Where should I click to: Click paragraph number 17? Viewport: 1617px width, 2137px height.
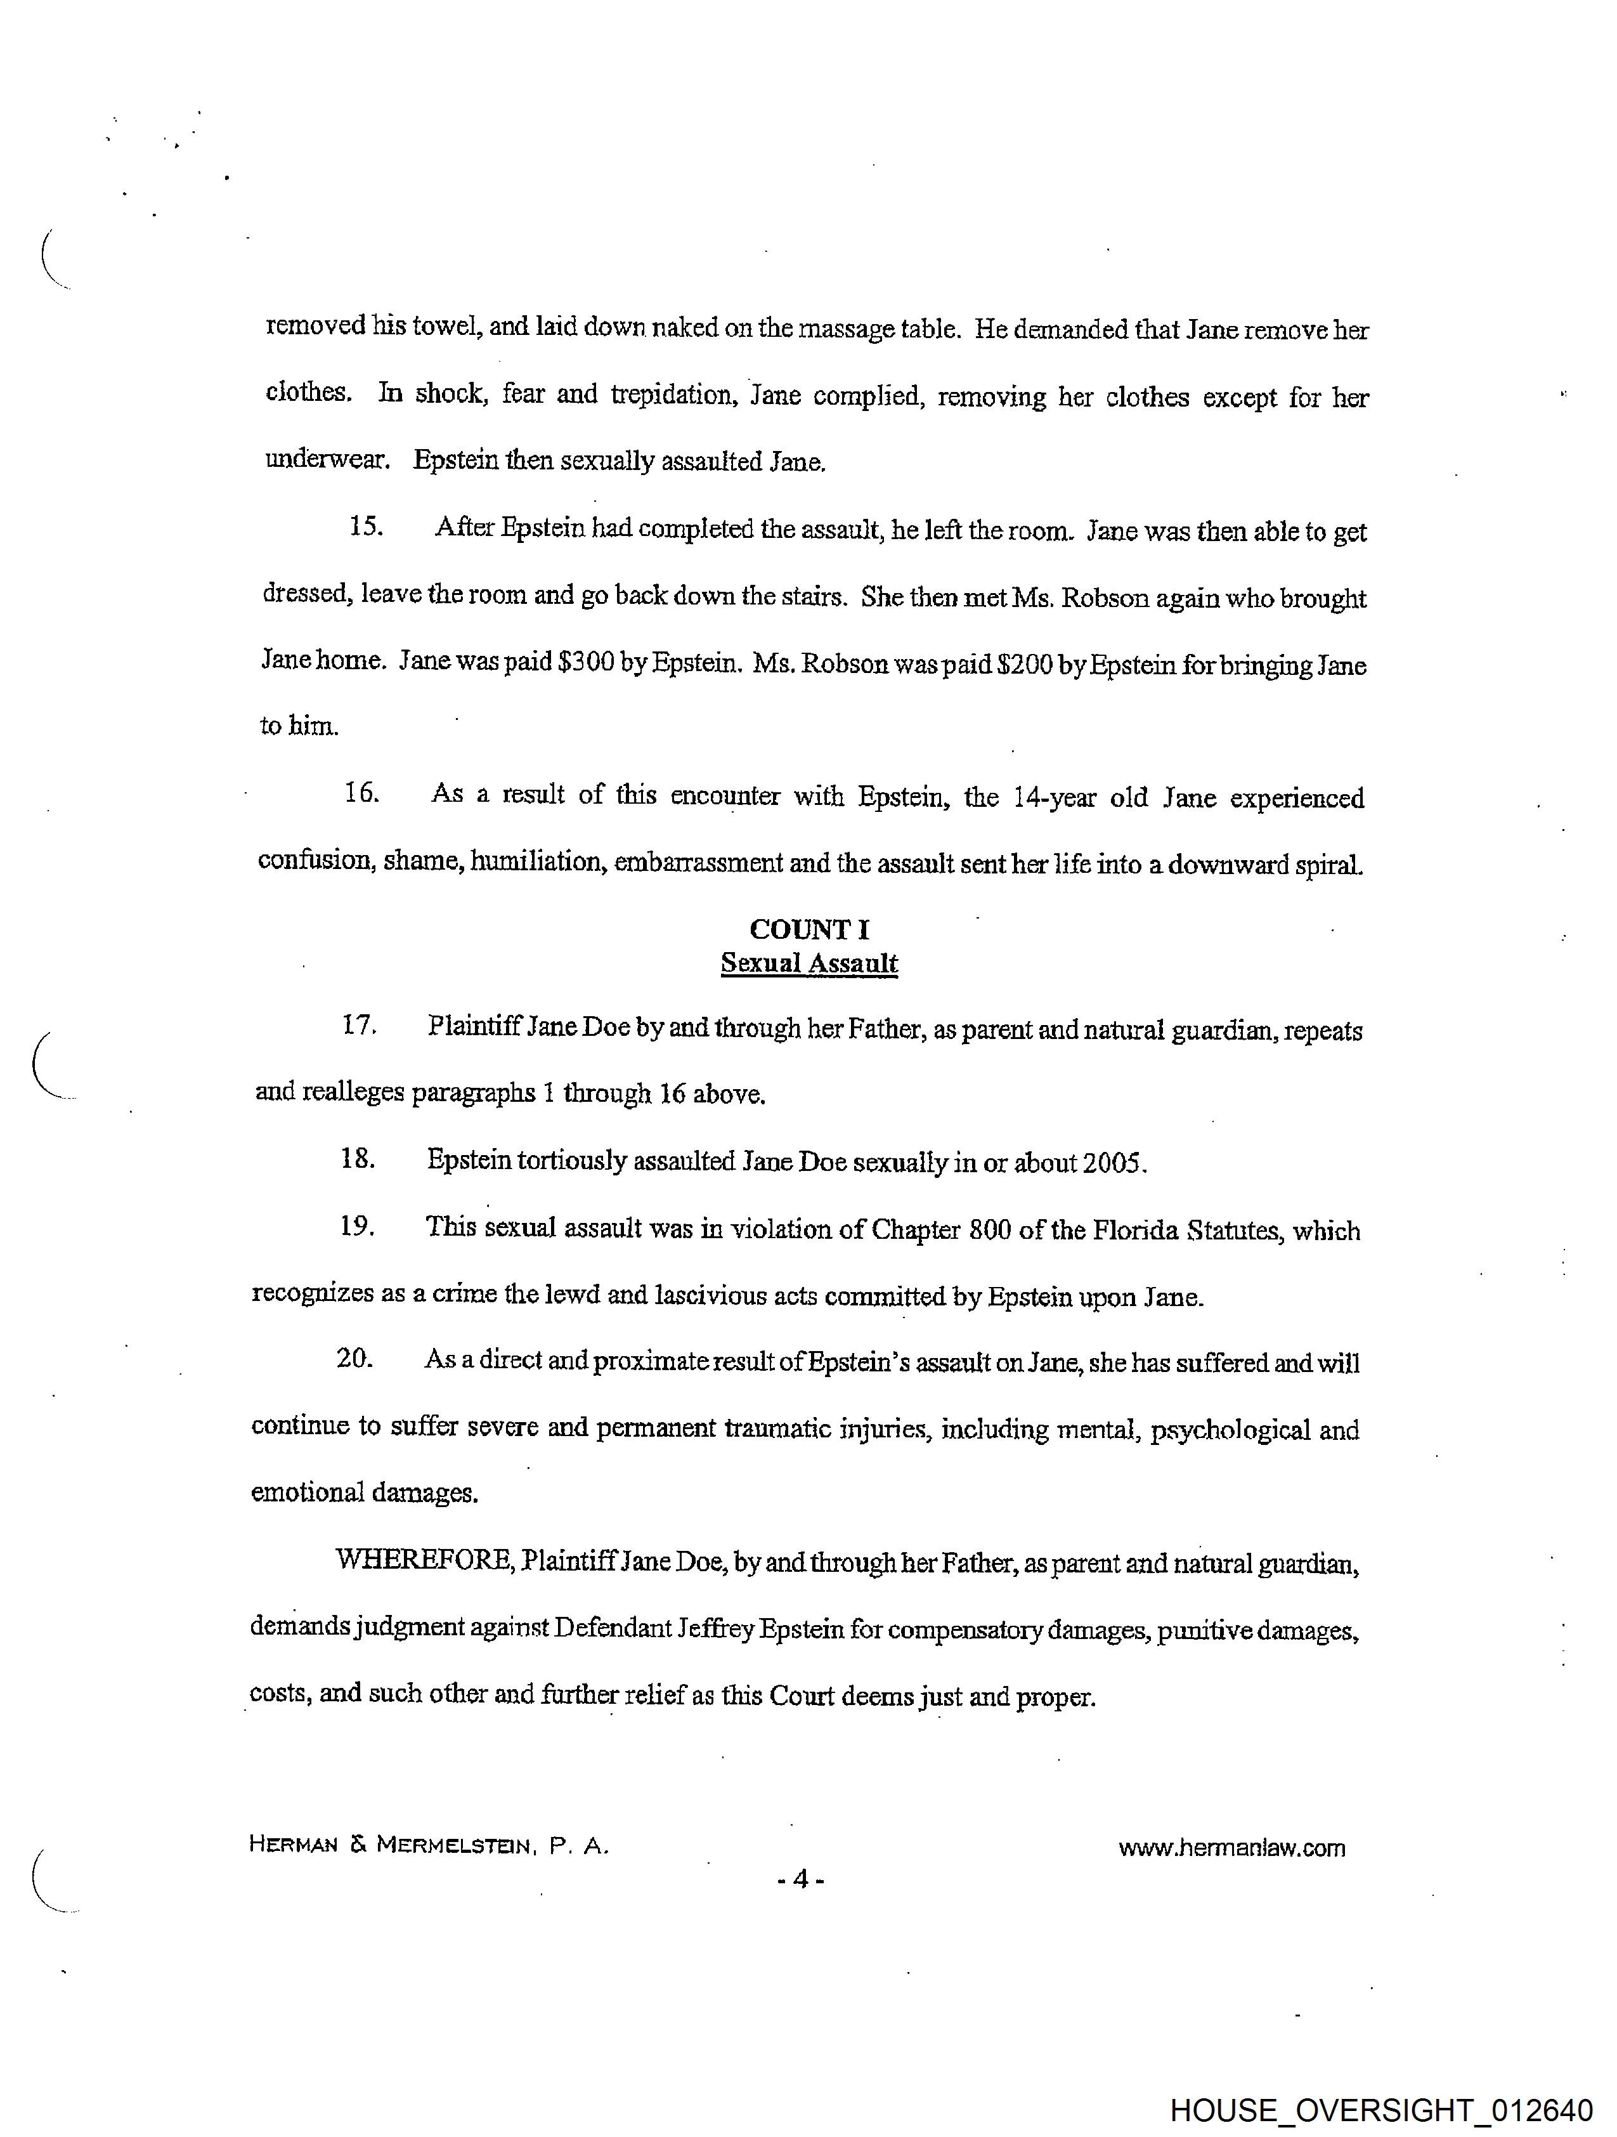click(x=358, y=1025)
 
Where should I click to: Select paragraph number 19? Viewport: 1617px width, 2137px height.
click(x=356, y=1226)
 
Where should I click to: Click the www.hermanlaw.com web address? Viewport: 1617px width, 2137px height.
click(x=1231, y=1848)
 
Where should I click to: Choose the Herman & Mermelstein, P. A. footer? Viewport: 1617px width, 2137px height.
click(x=429, y=1845)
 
